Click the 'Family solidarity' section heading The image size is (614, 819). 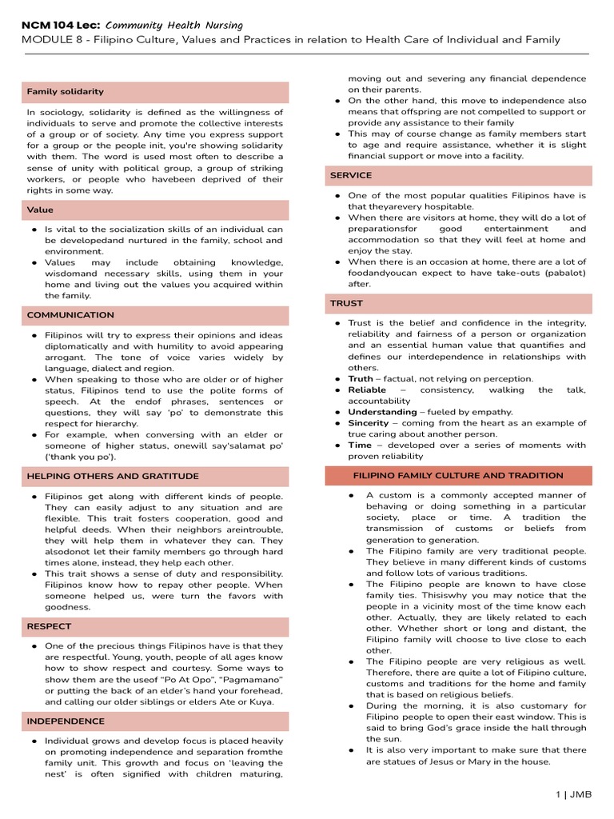tap(66, 92)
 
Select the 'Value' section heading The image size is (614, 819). tap(40, 210)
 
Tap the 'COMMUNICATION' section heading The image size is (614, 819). tap(70, 315)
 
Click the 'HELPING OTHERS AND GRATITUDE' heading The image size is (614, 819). tap(113, 476)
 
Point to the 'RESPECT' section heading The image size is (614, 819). tap(50, 626)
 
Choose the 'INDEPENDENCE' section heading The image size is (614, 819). tap(66, 721)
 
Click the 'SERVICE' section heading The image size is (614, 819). tap(351, 175)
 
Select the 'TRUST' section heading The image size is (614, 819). tap(346, 303)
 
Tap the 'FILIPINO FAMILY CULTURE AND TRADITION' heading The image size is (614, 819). tap(458, 475)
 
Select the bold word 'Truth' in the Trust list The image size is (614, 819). tap(361, 379)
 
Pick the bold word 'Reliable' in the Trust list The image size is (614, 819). tap(367, 390)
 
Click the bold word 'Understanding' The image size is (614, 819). tap(382, 412)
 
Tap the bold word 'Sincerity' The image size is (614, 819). tap(369, 423)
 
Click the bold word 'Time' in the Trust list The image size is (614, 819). tap(360, 445)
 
